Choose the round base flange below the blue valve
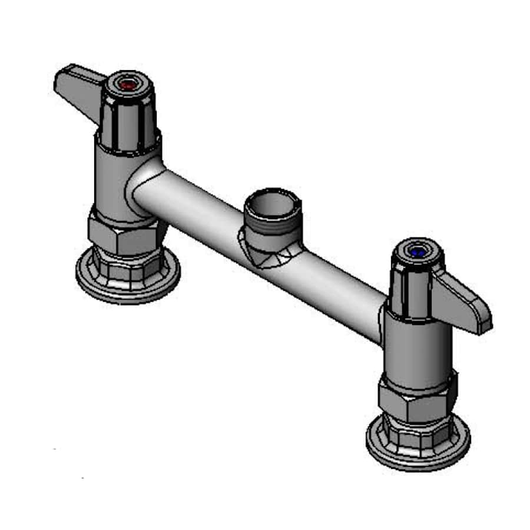(418, 448)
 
